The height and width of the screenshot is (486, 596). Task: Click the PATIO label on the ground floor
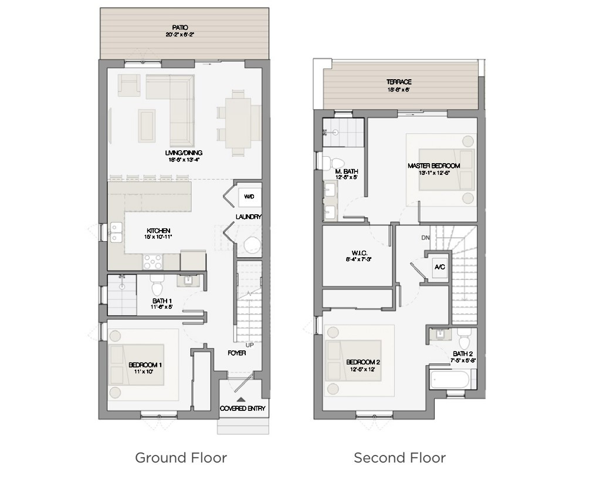coord(180,28)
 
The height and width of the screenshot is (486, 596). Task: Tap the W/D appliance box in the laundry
coord(249,197)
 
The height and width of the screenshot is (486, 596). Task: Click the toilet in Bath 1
coord(157,286)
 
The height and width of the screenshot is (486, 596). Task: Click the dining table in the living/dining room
coord(239,122)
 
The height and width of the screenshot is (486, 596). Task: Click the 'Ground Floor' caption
coord(181,458)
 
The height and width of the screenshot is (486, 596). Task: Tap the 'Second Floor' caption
coord(399,458)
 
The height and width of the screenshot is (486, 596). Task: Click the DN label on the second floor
coord(426,238)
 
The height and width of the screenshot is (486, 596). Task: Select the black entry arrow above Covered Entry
coord(239,399)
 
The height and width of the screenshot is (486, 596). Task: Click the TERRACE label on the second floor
coord(399,82)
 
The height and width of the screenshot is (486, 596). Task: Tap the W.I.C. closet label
coord(356,254)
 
